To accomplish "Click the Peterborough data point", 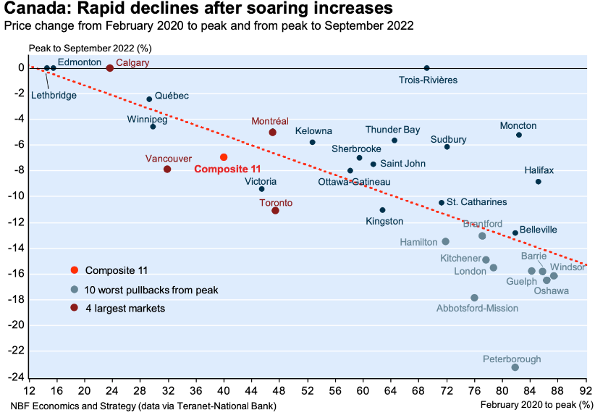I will [515, 367].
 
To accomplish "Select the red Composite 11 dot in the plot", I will [224, 157].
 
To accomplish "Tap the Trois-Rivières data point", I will [426, 68].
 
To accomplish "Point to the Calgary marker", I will [110, 68].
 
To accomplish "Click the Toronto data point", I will [275, 210].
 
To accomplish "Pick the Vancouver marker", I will [167, 169].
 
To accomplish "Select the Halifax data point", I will [539, 182].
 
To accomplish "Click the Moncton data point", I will [519, 135].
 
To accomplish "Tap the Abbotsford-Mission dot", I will [475, 298].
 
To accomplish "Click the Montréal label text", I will [270, 121].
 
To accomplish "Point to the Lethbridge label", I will [53, 95].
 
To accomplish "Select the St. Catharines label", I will [476, 201].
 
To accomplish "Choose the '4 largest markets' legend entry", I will [125, 308].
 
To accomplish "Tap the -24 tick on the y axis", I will [15, 377].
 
